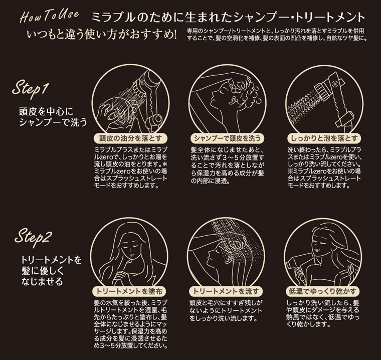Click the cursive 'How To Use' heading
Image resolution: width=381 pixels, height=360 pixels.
pos(49,16)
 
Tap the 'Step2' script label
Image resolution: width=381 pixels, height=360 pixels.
pos(33,237)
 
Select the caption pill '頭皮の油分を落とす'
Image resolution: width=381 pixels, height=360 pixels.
pos(130,138)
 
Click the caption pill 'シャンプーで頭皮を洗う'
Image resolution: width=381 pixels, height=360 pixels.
pos(227,138)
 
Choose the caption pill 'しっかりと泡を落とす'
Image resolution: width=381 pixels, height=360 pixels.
pos(324,138)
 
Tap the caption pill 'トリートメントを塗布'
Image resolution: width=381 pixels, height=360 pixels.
pos(129,291)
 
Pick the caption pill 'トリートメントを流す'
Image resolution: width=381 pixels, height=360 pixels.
pos(226,291)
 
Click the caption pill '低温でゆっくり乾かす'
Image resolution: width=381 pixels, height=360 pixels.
pos(323,291)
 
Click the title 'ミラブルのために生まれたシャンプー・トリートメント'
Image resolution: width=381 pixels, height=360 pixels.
pos(229,17)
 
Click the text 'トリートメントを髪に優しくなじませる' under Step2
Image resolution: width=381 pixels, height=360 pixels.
pos(51,271)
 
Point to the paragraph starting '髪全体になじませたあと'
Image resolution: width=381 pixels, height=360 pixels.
pos(227,165)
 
